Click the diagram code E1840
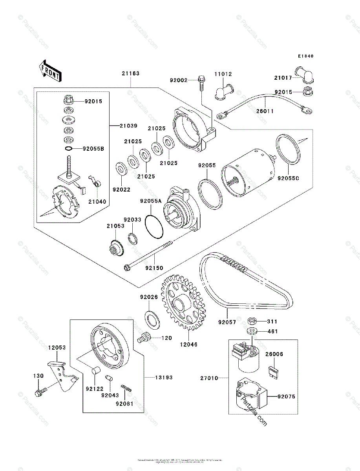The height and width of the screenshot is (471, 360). [305, 56]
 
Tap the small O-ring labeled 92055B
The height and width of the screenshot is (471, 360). [68, 149]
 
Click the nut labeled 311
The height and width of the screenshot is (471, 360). [252, 321]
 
